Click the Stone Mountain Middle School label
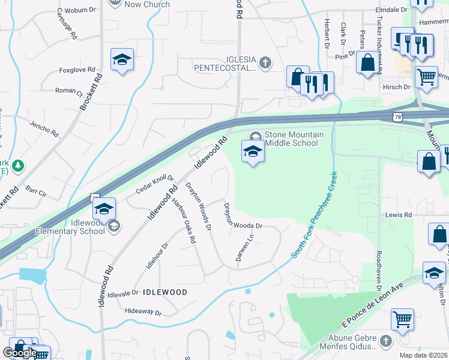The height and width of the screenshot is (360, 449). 294,139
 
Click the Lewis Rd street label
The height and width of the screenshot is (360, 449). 399,215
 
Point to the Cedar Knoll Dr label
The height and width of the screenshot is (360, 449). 154,184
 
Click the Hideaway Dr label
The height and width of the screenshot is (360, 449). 143,313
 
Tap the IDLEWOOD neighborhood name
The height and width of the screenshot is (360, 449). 165,292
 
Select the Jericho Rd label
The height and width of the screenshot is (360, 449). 44,127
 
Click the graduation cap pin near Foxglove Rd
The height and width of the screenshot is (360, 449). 122,60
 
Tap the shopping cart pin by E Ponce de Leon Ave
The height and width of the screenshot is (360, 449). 402,319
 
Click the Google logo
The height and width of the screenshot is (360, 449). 20,353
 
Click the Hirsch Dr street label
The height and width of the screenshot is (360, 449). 396,87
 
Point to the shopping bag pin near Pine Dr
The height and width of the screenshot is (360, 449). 367,62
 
